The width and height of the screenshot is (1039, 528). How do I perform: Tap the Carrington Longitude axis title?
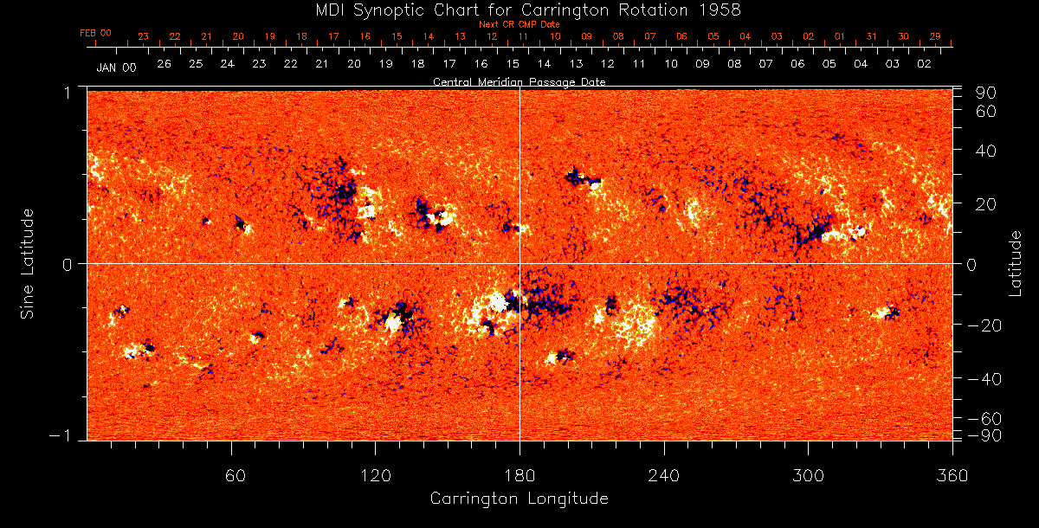coord(519,499)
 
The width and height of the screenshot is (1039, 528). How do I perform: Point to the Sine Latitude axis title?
coord(29,263)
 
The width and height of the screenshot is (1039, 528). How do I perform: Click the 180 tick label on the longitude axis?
coord(519,475)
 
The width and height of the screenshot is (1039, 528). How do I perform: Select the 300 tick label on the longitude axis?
coord(808,475)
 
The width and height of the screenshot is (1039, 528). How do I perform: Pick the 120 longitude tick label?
coord(376,475)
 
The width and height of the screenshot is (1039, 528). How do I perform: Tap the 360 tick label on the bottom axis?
coord(952,475)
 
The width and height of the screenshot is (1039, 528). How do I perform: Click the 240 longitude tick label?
coord(664,475)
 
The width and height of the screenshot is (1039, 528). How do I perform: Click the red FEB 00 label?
coord(95,33)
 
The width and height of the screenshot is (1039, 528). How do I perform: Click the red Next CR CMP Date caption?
coord(519,25)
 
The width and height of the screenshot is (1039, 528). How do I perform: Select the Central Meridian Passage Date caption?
coord(519,81)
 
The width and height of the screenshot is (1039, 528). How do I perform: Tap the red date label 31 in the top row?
coord(871,36)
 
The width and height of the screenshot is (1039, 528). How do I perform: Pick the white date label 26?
coord(164,64)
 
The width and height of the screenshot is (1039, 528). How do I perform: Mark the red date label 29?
coord(934,36)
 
